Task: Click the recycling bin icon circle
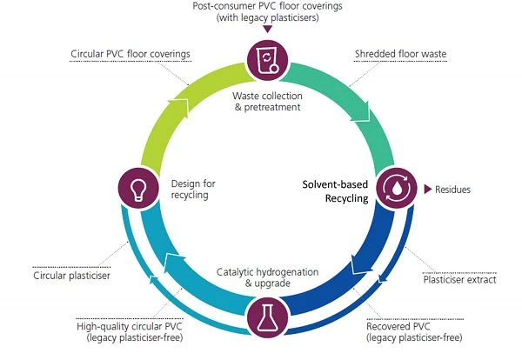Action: coord(267,60)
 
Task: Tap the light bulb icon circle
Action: coord(138,188)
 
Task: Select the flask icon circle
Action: coord(267,317)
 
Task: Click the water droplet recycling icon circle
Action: coord(396,188)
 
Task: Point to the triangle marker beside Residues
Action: coord(428,190)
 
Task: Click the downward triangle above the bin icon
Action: coord(267,30)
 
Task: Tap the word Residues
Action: coord(452,190)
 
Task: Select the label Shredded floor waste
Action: coord(400,54)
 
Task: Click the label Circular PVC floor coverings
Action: coord(130,54)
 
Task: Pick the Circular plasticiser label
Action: coord(71,276)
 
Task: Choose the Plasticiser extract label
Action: coord(459,280)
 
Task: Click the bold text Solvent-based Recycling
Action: coord(335,191)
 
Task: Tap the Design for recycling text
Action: coord(193,189)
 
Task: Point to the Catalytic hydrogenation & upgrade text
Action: coord(268,277)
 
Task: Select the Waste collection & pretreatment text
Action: coord(268,102)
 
